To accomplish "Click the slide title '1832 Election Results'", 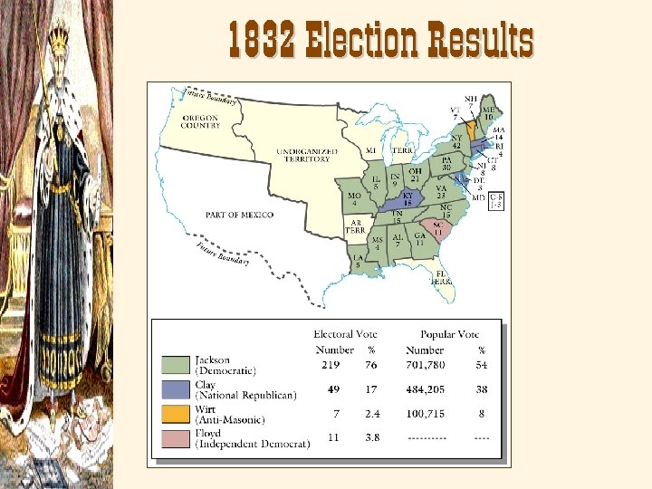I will click(380, 40).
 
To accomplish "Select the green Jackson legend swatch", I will click(177, 365).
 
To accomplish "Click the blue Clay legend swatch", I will click(177, 390).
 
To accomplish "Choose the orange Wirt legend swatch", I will click(177, 415).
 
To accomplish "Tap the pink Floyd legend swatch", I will click(177, 439).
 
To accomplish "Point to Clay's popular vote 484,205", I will click(426, 390).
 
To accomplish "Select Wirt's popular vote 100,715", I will click(426, 414).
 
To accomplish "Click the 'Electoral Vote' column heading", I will click(345, 334).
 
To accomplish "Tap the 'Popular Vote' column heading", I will click(450, 334).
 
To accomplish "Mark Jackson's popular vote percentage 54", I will click(482, 365).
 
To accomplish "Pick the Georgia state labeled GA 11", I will click(420, 240).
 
